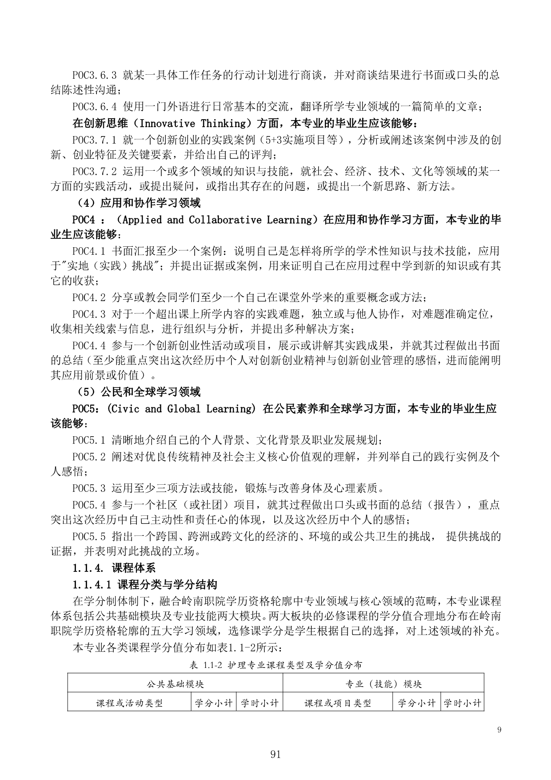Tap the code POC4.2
[x=89, y=298]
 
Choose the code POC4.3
[x=89, y=314]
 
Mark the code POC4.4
[x=89, y=346]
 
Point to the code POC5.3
[x=89, y=488]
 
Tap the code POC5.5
[x=89, y=536]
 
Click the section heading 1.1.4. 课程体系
[x=114, y=568]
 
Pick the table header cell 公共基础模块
[x=175, y=684]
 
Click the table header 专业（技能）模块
[x=383, y=684]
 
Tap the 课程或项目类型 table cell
[x=338, y=703]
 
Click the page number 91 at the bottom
[x=275, y=754]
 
